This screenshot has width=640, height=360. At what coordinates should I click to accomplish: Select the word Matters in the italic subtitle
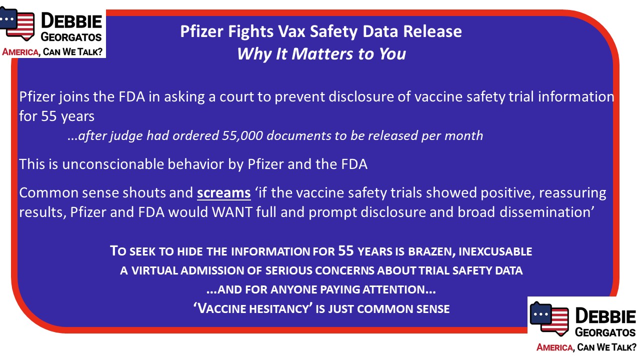pos(322,53)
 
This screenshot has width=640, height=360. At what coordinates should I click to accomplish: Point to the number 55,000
pos(242,135)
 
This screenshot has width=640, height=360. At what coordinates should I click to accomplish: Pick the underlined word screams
pos(223,193)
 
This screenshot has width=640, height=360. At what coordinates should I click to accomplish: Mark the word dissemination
pos(545,212)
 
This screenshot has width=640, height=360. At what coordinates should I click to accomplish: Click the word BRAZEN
pos(431,251)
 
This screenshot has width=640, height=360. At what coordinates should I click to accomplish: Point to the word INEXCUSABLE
pos(495,251)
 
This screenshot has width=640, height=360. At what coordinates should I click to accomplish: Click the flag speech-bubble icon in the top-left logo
pos(17,23)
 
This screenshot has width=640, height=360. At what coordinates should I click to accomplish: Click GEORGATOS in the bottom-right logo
pos(605,332)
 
